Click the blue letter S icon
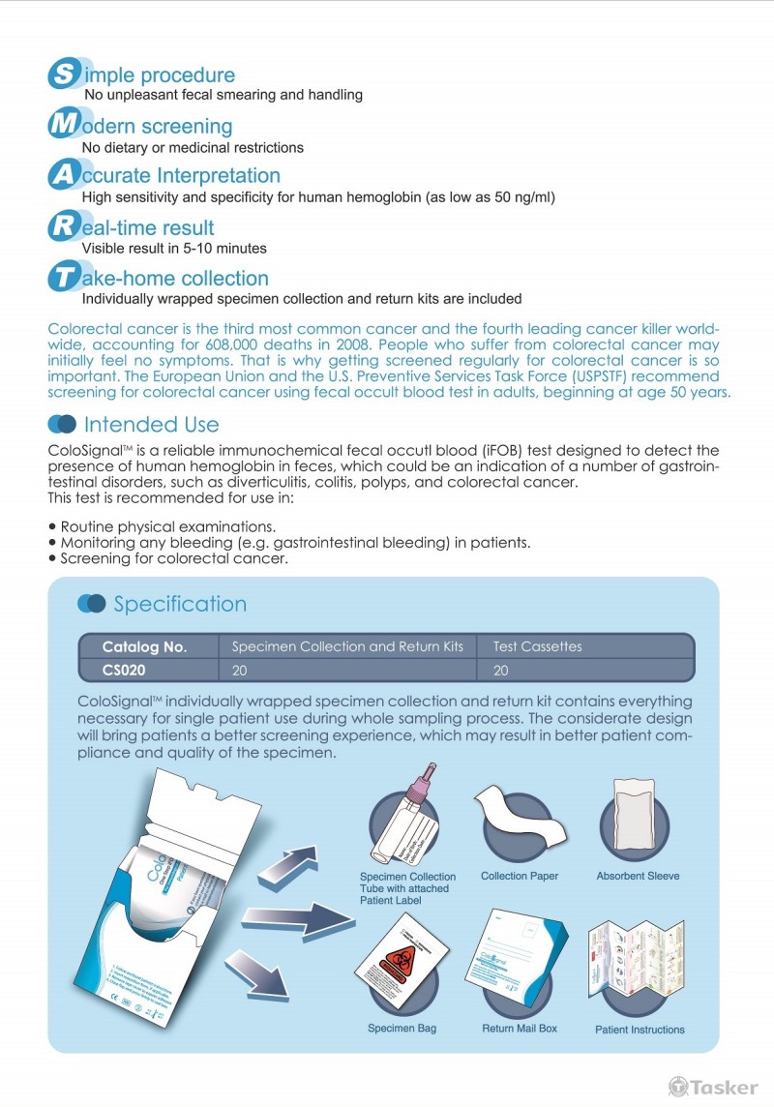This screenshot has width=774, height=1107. click(64, 75)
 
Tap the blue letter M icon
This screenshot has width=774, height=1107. click(63, 126)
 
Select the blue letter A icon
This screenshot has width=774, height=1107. click(63, 176)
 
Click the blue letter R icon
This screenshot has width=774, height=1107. click(63, 228)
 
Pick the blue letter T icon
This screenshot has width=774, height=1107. click(63, 279)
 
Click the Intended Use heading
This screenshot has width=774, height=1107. click(151, 424)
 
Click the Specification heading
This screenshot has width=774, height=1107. click(180, 604)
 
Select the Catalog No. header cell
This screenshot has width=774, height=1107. click(144, 646)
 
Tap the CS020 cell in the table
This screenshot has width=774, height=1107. click(125, 669)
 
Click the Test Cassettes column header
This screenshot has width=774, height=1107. click(538, 646)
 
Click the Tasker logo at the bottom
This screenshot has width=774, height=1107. click(713, 1087)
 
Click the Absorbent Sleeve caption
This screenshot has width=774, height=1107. click(638, 876)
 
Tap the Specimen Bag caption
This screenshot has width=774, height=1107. click(402, 1028)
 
